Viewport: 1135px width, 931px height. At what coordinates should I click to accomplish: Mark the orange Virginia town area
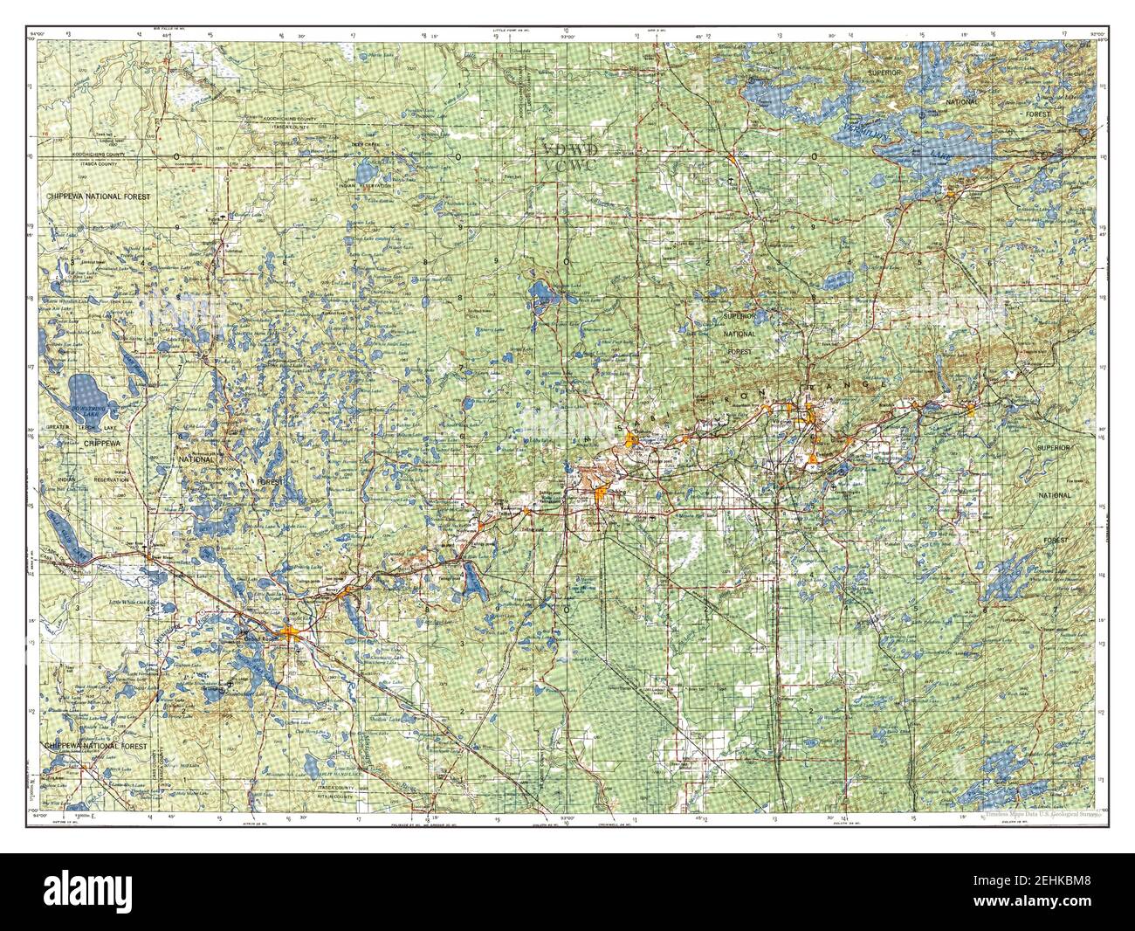click(x=812, y=425)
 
